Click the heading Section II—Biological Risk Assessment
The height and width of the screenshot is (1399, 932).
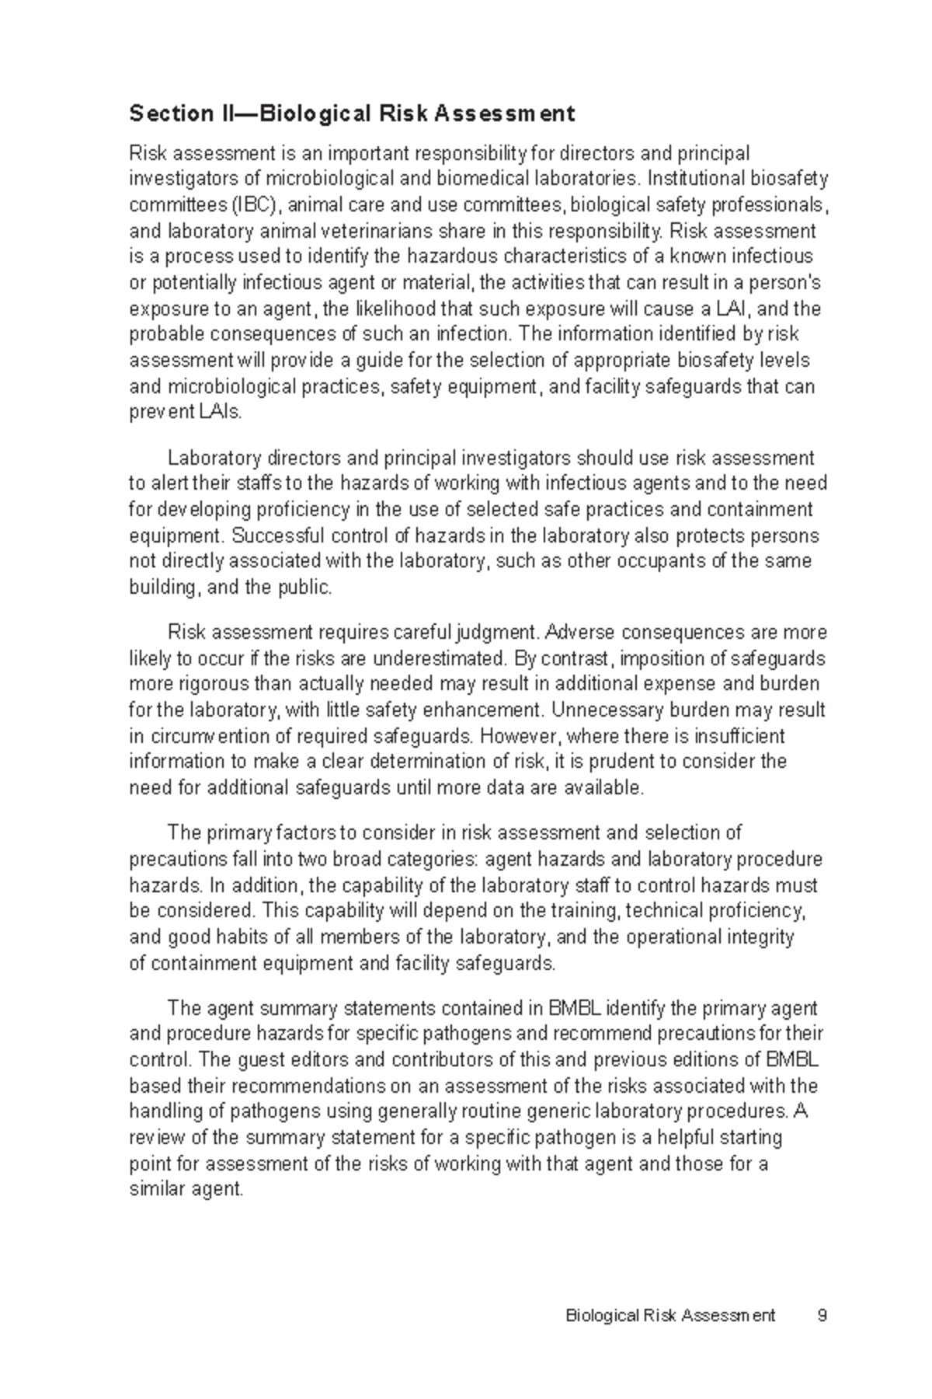click(352, 114)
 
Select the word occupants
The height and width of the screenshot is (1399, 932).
click(686, 561)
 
